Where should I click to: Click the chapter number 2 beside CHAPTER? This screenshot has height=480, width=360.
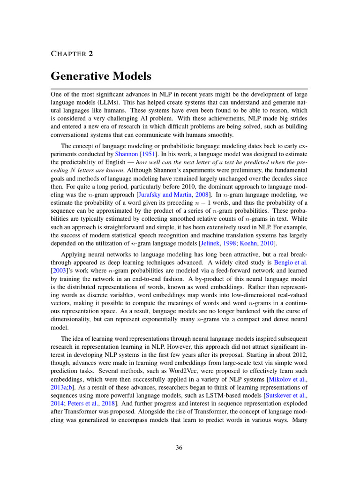pyautogui.click(x=90, y=53)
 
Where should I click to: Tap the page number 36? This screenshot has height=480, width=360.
pyautogui.click(x=179, y=448)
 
